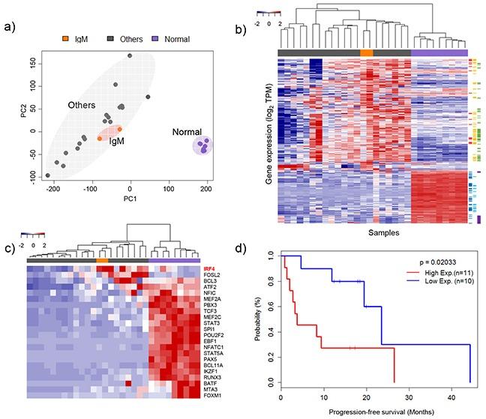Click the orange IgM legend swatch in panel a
tap(66, 37)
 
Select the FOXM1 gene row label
tap(212, 396)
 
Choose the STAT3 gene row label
tap(211, 316)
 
